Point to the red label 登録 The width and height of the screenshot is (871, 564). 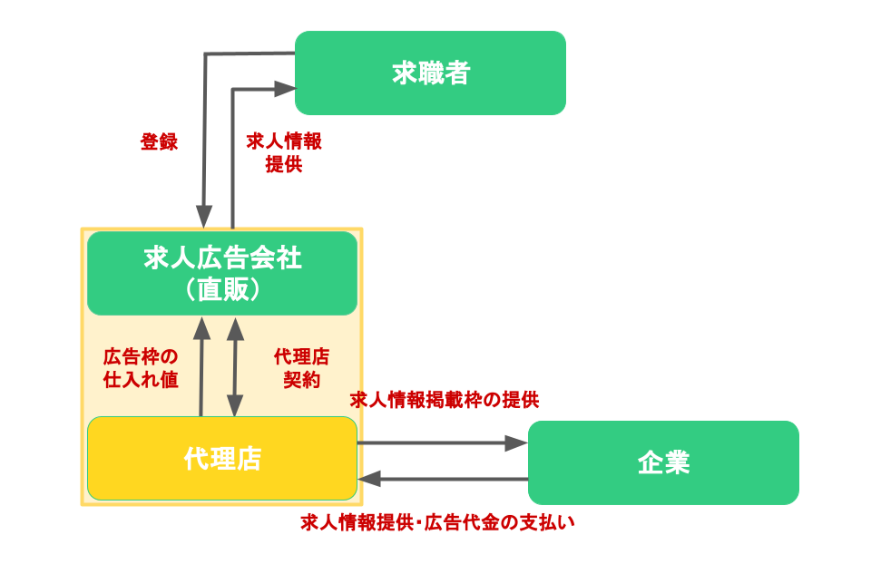click(x=159, y=142)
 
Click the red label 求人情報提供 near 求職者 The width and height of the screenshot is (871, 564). click(x=284, y=152)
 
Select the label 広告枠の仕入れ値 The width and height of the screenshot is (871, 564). click(x=141, y=367)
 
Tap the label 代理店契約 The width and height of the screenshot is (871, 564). click(x=301, y=367)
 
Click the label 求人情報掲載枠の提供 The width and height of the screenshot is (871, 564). click(x=445, y=400)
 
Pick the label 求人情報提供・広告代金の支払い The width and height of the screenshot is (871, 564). click(x=438, y=522)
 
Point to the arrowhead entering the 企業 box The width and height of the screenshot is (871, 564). click(x=517, y=443)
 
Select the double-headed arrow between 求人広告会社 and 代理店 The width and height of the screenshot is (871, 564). click(x=235, y=367)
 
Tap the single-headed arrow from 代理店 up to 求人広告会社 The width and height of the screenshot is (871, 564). click(x=201, y=367)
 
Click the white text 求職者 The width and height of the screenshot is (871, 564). click(x=431, y=73)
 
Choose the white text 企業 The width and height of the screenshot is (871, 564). click(x=663, y=463)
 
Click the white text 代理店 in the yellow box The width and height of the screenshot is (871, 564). click(x=222, y=459)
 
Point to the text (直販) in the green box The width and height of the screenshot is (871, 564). click(x=222, y=289)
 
